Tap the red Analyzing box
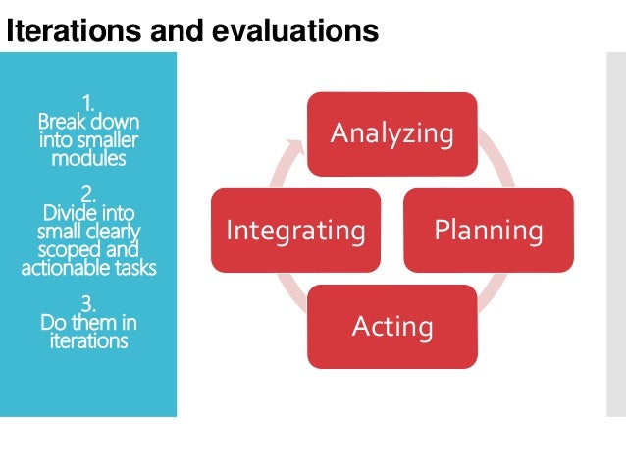click(392, 132)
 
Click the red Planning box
click(488, 231)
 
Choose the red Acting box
click(392, 325)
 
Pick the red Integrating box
click(295, 231)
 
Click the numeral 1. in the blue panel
click(88, 102)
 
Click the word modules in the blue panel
click(88, 158)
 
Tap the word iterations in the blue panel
click(88, 341)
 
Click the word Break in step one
click(58, 122)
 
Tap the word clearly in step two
click(112, 231)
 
